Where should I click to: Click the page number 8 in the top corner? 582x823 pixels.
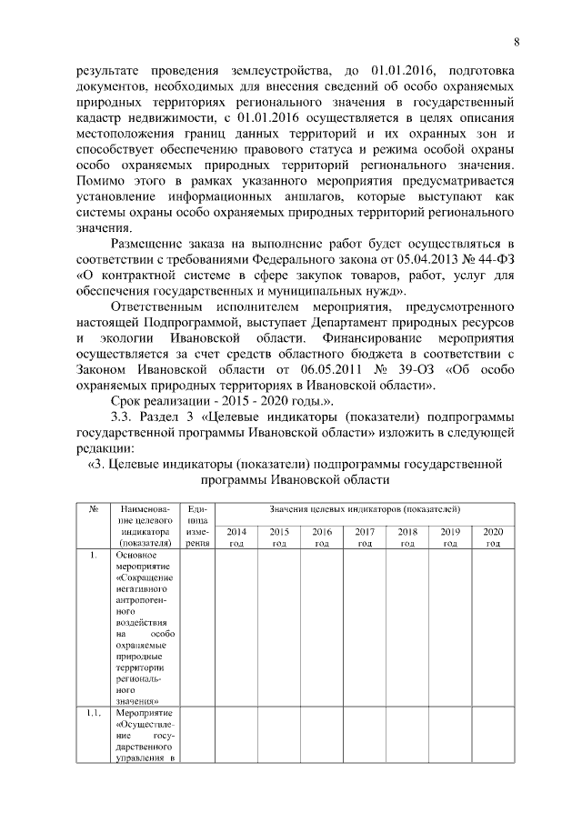point(517,42)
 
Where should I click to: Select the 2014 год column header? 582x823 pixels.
point(236,537)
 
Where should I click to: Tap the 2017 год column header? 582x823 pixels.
point(365,537)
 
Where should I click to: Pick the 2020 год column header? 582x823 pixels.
point(493,537)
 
